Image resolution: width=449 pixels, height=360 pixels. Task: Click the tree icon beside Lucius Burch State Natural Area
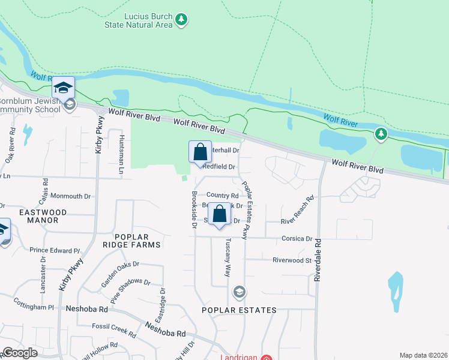(x=181, y=20)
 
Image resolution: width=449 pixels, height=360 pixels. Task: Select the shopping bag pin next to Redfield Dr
(x=200, y=152)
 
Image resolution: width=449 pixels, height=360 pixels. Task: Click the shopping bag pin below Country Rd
(x=220, y=214)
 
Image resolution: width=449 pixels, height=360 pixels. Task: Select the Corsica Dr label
(x=297, y=238)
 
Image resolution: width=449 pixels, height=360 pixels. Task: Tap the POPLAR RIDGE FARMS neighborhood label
(x=131, y=240)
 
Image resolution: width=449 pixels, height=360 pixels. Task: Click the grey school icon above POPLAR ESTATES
(x=239, y=292)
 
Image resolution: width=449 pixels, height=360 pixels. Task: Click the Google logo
(x=20, y=353)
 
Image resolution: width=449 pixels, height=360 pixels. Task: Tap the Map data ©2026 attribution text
(x=423, y=355)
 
